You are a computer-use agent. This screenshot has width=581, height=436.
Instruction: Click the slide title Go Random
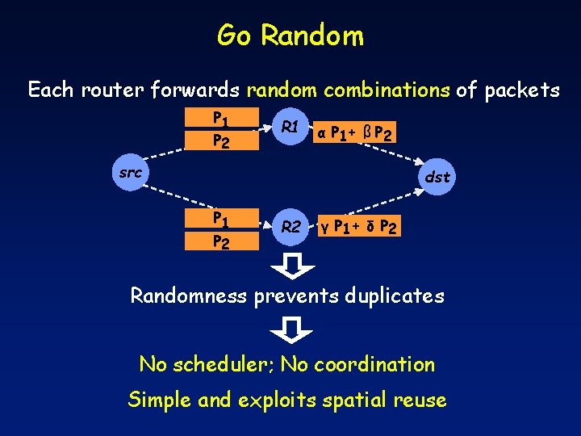[x=290, y=36]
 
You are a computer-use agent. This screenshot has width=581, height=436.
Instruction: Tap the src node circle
[x=129, y=173]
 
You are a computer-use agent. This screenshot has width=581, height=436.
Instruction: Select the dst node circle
[x=437, y=177]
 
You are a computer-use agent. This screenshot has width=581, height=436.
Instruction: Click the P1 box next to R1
[x=219, y=119]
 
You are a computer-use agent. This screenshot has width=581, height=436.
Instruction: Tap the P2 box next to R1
[x=219, y=140]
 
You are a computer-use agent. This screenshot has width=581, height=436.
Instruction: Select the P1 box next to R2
[x=219, y=219]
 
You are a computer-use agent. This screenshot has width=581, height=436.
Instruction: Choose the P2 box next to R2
[x=219, y=241]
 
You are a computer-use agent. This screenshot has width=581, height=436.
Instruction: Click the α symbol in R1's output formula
[x=321, y=132]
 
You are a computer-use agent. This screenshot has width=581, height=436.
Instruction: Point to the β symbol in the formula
[x=367, y=132]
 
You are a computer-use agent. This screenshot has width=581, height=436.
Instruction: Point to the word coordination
[x=374, y=364]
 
